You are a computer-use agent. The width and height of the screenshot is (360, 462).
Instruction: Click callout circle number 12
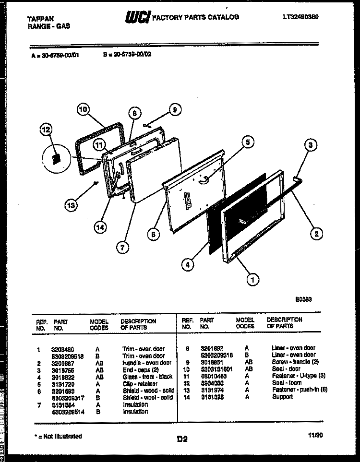pyautogui.click(x=46, y=130)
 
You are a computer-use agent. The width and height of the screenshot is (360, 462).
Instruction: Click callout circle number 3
pyautogui.click(x=311, y=144)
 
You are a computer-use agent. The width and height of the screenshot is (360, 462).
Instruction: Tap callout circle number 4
pyautogui.click(x=189, y=263)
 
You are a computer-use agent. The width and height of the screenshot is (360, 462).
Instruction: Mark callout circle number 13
pyautogui.click(x=71, y=205)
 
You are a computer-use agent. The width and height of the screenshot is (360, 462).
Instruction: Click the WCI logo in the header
pyautogui.click(x=137, y=17)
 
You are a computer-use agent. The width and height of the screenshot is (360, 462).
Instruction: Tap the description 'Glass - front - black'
pyautogui.click(x=147, y=377)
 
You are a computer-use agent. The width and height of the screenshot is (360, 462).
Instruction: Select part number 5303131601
pyautogui.click(x=216, y=369)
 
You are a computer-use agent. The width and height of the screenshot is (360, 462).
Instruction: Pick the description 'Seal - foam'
pyautogui.click(x=286, y=383)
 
